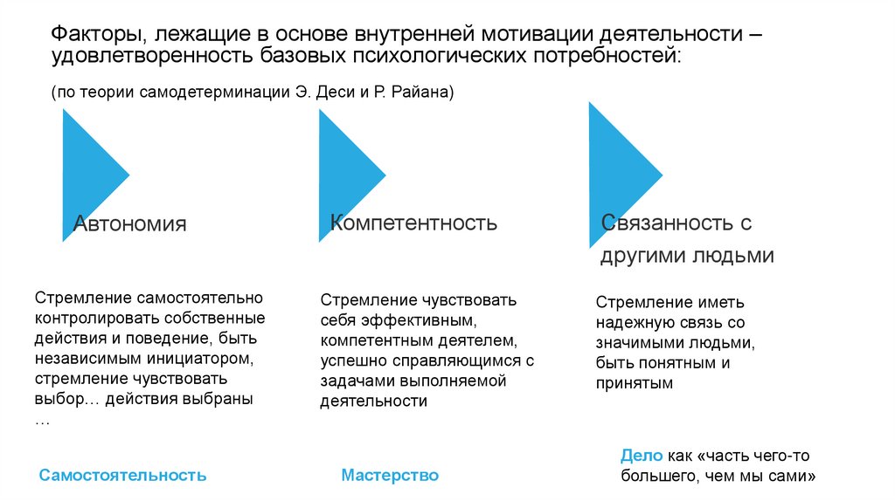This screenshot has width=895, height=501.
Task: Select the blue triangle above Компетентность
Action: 345,175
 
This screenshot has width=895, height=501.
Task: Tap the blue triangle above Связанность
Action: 616,175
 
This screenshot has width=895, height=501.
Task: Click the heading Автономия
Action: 129,223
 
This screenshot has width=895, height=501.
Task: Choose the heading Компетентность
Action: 413,223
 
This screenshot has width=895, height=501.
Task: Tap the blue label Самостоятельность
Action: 123,476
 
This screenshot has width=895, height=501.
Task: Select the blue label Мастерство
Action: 390,476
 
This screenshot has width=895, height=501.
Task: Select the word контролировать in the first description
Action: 90,318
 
